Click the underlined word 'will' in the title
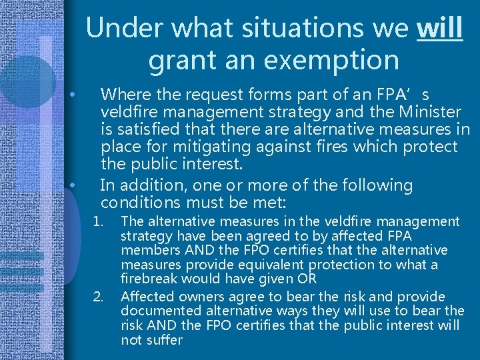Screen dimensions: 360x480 pos(439,28)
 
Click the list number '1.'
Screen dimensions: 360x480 pos(99,221)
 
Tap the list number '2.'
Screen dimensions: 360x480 pos(99,296)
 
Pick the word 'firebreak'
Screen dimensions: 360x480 pos(147,279)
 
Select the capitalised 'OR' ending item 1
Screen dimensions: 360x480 pos(307,279)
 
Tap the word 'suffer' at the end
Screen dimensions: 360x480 pos(163,340)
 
